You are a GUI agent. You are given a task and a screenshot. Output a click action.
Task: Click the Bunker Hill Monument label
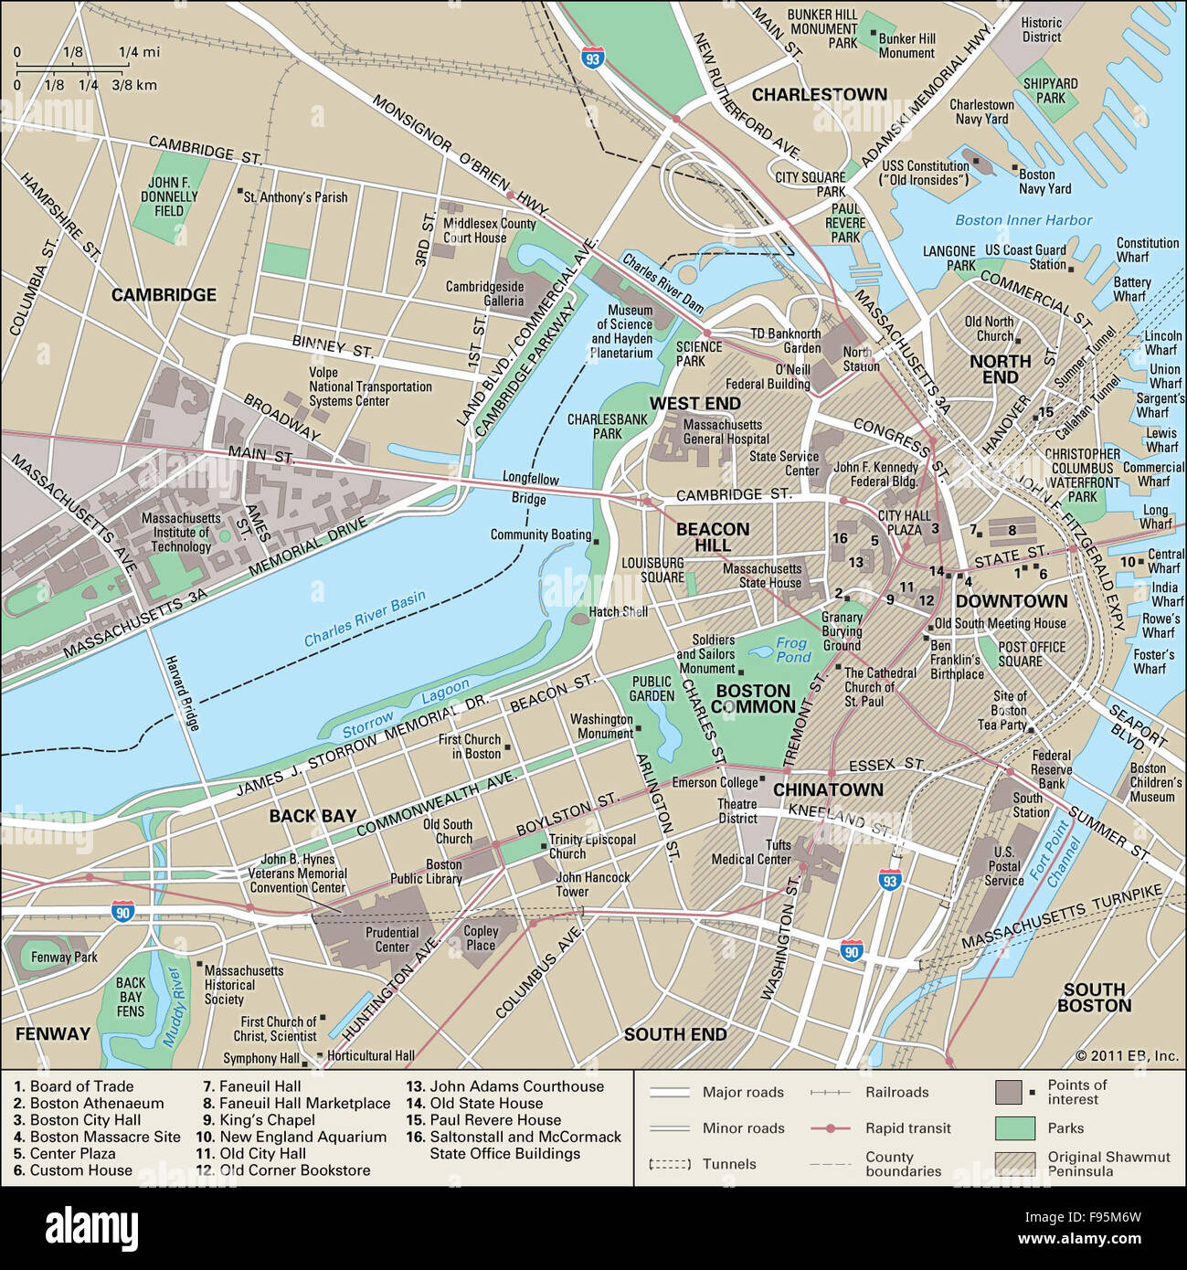[x=906, y=46]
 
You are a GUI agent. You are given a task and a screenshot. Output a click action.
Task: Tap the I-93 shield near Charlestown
[x=594, y=59]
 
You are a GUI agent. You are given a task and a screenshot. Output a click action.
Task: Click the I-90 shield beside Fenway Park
[x=123, y=911]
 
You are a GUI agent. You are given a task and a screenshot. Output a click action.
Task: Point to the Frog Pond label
[x=792, y=650]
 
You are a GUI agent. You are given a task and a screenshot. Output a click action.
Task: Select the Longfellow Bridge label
[x=530, y=488]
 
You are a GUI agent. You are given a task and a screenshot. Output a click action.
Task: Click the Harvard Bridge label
[x=181, y=693]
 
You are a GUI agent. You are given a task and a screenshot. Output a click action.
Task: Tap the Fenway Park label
[x=64, y=958]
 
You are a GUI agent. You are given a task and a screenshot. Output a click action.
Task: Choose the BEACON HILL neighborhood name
[x=713, y=536]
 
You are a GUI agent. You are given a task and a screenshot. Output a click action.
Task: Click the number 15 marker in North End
[x=1045, y=412]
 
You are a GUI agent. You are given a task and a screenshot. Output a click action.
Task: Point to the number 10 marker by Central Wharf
[x=1127, y=562]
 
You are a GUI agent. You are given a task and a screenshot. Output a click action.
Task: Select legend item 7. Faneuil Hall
[x=251, y=1086]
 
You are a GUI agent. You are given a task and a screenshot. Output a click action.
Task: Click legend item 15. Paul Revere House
[x=483, y=1120]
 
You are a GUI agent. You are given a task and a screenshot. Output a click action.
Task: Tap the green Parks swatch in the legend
[x=1014, y=1128]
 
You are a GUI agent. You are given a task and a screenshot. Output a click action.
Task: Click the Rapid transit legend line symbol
[x=830, y=1128]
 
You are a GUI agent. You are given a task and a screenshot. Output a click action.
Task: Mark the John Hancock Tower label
[x=593, y=884]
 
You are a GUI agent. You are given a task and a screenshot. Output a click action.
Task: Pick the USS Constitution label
[x=925, y=173]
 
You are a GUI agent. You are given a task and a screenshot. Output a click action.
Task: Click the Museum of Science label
[x=624, y=331]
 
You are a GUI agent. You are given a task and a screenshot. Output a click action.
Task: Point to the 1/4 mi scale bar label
[x=139, y=52]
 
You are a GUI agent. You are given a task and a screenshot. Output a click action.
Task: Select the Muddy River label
[x=174, y=1008]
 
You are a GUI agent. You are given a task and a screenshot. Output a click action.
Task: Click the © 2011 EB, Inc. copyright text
[x=1127, y=1055]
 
